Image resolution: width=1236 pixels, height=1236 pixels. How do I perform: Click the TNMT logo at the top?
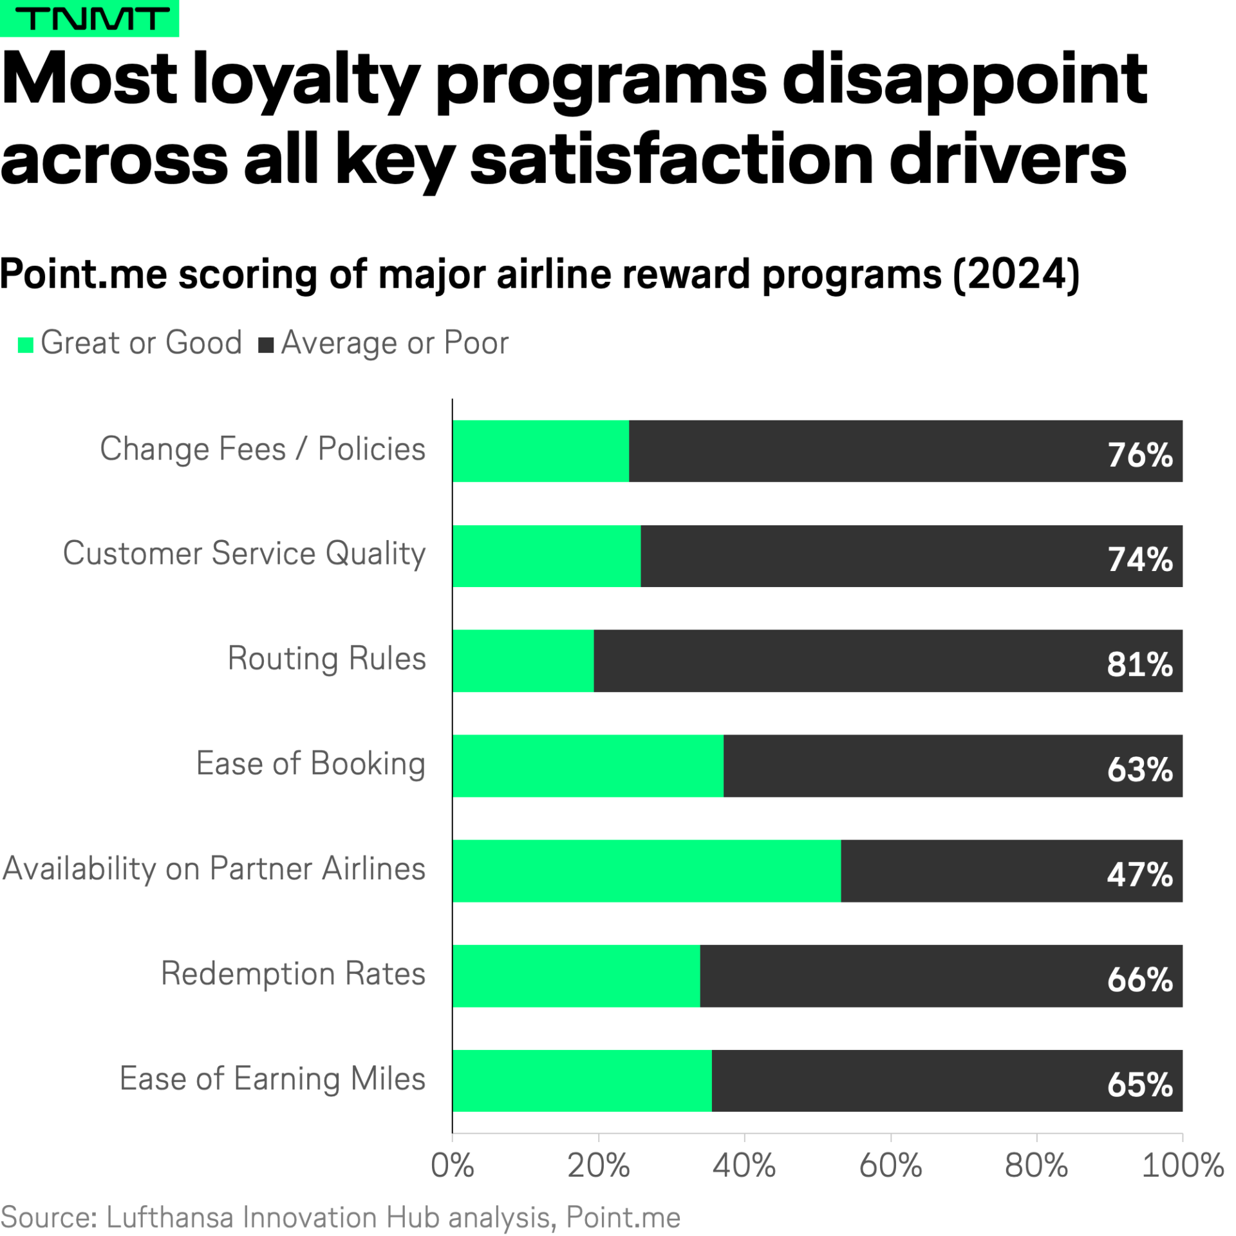point(89,18)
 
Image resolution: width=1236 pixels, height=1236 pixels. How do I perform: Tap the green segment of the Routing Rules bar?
point(522,660)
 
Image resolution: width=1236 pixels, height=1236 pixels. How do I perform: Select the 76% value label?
point(1139,454)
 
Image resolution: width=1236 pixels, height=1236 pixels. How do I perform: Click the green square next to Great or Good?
point(25,345)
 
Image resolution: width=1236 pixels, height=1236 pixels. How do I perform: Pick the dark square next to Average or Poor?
point(265,345)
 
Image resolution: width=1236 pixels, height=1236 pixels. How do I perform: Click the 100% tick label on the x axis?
point(1181,1166)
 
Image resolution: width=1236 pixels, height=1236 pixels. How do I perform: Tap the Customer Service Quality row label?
point(244,554)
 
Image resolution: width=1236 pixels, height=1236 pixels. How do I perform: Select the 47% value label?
point(1139,874)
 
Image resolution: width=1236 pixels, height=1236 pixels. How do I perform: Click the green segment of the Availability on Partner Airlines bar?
point(646,870)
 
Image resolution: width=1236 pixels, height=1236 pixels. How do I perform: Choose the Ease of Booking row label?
point(310,763)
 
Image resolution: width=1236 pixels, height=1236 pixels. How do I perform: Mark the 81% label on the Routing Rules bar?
point(1139,664)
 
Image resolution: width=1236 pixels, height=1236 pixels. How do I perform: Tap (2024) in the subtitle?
point(1015,275)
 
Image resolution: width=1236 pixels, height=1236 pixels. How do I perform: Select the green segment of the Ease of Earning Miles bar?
point(581,1081)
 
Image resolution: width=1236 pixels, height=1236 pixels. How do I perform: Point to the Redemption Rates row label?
point(293,973)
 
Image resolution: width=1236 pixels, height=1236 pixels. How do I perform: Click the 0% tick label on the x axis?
point(452,1166)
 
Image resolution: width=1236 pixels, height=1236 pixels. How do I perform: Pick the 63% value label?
point(1139,769)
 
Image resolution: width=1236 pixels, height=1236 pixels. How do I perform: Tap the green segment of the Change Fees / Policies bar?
point(540,451)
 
